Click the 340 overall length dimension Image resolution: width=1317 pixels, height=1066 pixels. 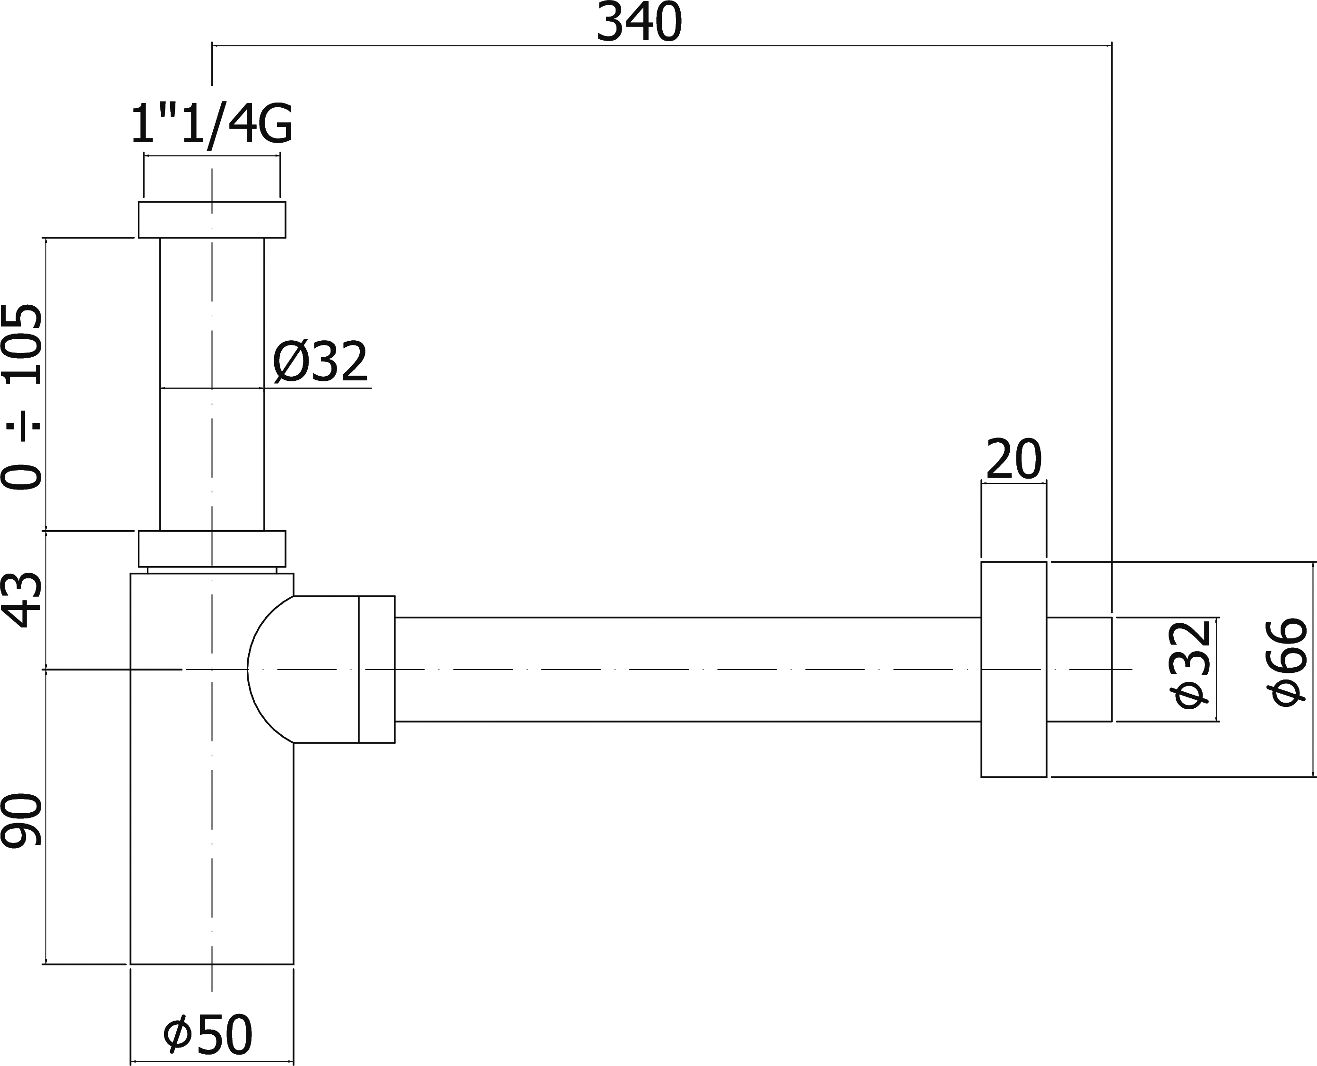pos(639,23)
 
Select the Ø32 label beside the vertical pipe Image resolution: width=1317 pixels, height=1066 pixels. pos(320,362)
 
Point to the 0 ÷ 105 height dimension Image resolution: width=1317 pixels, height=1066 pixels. pos(22,396)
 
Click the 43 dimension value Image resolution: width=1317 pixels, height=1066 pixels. pos(22,599)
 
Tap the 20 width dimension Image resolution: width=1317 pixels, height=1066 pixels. pos(1014,459)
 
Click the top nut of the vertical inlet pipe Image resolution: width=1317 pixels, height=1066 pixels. pos(212,219)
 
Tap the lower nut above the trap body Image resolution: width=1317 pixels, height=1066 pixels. pos(212,548)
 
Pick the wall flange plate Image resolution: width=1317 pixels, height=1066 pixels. pos(1014,669)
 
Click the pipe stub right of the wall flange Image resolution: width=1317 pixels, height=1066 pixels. pos(1079,669)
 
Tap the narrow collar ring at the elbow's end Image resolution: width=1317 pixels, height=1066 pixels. pos(377,669)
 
